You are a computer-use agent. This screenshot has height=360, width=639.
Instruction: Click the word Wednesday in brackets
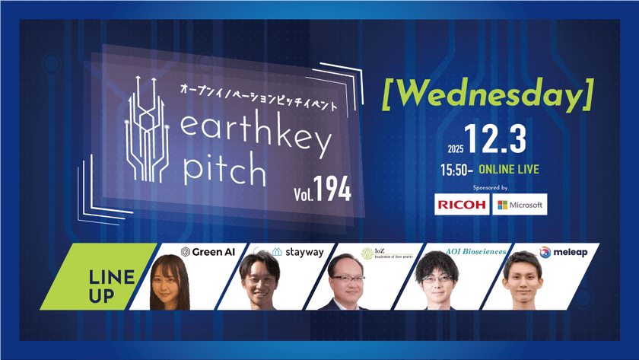488,95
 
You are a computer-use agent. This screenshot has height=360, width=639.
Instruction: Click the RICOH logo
461,205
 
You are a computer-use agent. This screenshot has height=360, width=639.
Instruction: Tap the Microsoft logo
520,205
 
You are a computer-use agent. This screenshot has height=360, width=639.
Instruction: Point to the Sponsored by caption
489,186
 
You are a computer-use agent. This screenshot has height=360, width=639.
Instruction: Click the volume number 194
332,191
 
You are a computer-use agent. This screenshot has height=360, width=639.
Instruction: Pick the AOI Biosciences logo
466,251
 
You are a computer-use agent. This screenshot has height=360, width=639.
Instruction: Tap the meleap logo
563,251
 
